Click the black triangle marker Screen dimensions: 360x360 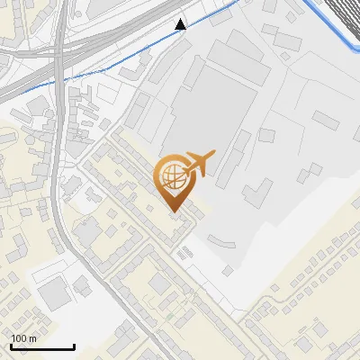pos(181,24)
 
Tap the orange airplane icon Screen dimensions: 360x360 pos(199,164)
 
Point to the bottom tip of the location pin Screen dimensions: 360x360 pos(174,212)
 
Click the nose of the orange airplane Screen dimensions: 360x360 pos(214,155)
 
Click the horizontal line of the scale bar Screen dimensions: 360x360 pos(41,346)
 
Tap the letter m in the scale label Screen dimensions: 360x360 pos(33,337)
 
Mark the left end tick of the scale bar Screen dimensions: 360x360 pos(10,345)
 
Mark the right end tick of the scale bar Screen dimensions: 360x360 pos(74,345)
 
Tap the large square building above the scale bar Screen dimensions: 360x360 pos(56,292)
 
